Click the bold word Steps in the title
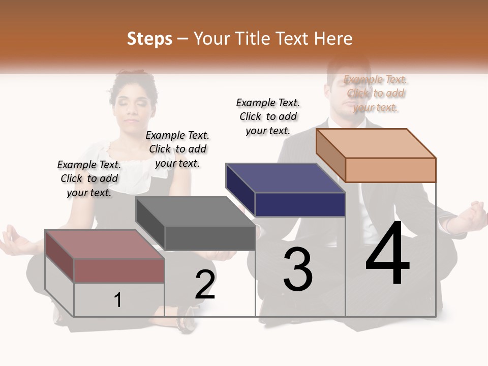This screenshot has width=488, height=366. coord(149,39)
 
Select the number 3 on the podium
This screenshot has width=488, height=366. coord(297,270)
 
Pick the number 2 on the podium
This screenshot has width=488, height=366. coord(205,285)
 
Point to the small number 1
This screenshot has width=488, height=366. coord(118,300)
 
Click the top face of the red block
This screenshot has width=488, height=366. coord(104,244)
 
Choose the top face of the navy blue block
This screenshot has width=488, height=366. coord(286,178)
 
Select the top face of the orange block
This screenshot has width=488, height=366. coord(376,143)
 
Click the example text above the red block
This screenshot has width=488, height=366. coord(89,178)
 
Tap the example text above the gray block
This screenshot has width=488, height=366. coord(177,149)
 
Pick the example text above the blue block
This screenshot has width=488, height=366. coord(268,116)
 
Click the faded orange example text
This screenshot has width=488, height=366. coord(376,93)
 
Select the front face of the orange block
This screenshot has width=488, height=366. coord(390,170)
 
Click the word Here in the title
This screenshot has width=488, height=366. coord(333,39)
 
